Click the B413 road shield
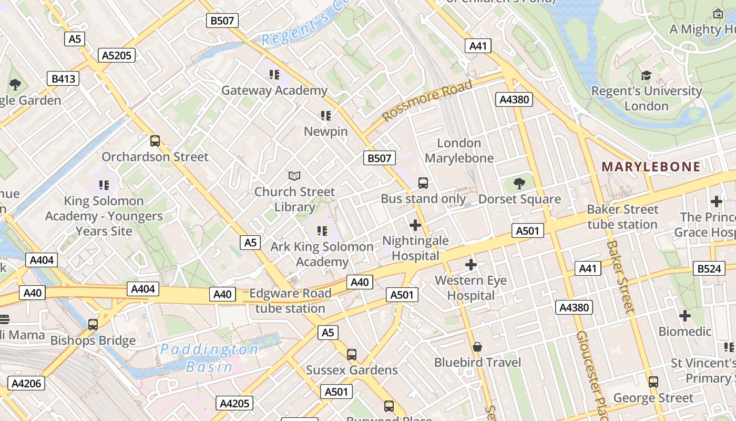(x=63, y=79)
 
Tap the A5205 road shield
(x=117, y=55)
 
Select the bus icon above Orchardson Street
(x=155, y=141)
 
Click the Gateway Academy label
(x=274, y=91)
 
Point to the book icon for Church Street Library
(x=294, y=176)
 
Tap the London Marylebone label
(x=459, y=151)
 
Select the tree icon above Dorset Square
(x=519, y=183)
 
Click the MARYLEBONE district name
(x=651, y=167)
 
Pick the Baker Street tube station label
(x=622, y=217)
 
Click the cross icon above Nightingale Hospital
(x=415, y=225)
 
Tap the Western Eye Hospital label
(x=471, y=288)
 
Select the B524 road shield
(x=708, y=268)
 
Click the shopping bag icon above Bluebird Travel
(x=477, y=346)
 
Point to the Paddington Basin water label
(x=209, y=358)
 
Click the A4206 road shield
(x=26, y=383)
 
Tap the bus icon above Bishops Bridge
(x=93, y=324)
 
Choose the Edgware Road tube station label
(x=290, y=300)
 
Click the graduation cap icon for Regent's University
(x=646, y=76)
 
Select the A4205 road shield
(x=234, y=404)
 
